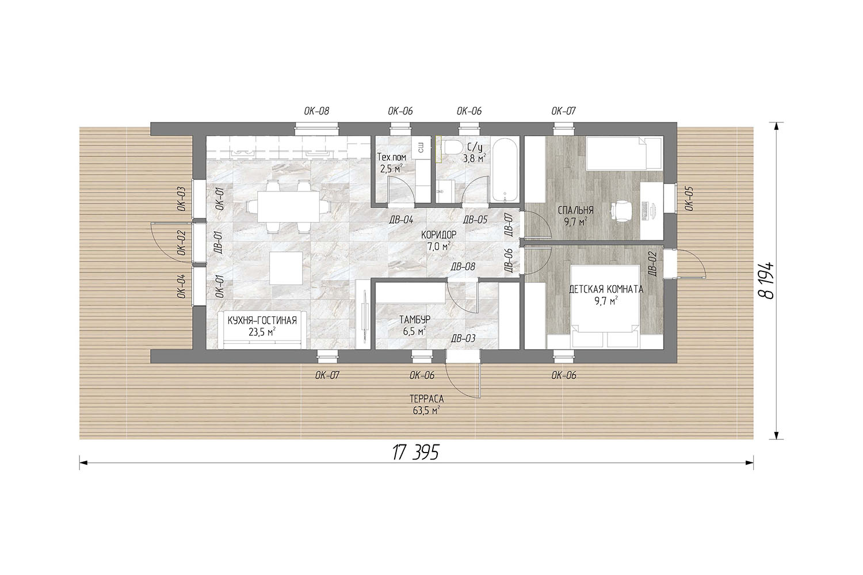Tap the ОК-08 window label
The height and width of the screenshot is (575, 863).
(x=316, y=112)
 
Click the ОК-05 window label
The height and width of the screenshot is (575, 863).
(x=689, y=198)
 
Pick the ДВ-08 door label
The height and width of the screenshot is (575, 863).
(x=463, y=266)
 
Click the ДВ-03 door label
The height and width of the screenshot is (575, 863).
(x=463, y=338)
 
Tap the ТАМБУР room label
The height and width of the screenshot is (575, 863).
(x=415, y=319)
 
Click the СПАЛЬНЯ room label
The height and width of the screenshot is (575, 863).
(x=575, y=210)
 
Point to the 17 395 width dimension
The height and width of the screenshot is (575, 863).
(x=416, y=452)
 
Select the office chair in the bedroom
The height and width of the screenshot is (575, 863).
(x=620, y=211)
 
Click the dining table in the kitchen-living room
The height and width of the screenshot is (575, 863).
(x=288, y=207)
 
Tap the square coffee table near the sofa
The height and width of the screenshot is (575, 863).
(x=287, y=268)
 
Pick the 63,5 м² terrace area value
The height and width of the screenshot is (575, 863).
(x=427, y=411)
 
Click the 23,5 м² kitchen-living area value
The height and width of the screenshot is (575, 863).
(x=262, y=332)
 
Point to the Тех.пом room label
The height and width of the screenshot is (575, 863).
(x=391, y=157)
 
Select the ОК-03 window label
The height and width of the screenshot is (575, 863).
(x=181, y=199)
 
